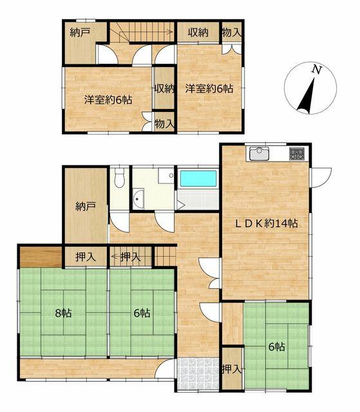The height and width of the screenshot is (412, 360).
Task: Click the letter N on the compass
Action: (317, 70)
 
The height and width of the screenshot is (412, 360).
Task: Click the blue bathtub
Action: (198, 179)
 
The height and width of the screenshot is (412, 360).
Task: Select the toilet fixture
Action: (119, 178)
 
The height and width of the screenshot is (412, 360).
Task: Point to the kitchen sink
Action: (260, 154)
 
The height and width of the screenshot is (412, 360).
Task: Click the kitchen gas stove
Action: (297, 154)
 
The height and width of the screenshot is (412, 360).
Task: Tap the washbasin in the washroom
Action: (138, 199)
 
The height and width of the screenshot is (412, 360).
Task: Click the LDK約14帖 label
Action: (266, 223)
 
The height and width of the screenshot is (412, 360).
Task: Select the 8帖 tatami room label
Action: (63, 313)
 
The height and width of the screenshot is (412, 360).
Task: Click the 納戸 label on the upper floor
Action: (80, 33)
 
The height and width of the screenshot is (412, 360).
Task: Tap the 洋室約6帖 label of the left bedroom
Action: (108, 100)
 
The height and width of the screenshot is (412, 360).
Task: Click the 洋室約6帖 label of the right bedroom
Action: (209, 89)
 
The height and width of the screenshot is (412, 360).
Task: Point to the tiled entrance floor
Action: (198, 374)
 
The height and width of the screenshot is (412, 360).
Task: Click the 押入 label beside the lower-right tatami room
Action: (231, 369)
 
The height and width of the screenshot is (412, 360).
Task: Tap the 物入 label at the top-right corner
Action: (231, 33)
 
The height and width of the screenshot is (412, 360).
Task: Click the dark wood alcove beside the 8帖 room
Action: (41, 257)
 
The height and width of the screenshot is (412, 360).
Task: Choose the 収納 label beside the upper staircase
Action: (198, 32)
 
